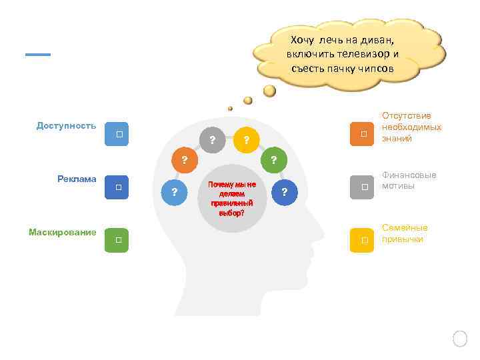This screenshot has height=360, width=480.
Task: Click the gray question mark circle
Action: coord(212,140)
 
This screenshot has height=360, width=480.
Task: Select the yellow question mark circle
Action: coord(246,140)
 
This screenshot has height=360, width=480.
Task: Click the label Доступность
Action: coord(66,125)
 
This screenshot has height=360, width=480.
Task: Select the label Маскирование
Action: coord(62,232)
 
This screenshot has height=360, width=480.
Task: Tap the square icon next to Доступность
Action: coord(117,134)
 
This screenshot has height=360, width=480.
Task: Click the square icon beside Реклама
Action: coord(117,187)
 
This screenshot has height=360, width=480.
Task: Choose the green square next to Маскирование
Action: coord(117,239)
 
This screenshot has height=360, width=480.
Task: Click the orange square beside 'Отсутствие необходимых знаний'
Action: coord(363,134)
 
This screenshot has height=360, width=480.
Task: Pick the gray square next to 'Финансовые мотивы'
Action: coord(363,187)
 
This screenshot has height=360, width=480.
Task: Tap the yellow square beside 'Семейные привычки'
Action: coord(363,239)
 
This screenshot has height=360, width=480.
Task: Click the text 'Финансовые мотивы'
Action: coord(409,180)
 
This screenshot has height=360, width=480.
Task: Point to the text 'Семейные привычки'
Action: coord(405,233)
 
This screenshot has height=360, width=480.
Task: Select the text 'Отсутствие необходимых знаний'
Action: coord(411,127)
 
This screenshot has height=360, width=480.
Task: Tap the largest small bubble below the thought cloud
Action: coord(269,90)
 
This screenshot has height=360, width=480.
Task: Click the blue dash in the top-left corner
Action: coord(38,55)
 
